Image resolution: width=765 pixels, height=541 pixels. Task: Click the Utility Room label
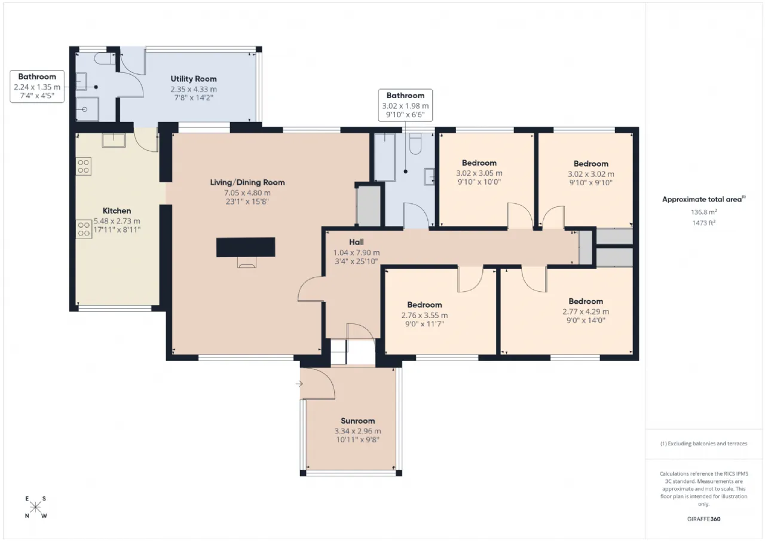(193, 79)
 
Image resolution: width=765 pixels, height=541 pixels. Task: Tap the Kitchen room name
(117, 211)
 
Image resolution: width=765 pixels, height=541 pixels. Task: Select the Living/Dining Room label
(247, 182)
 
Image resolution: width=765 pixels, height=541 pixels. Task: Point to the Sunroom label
(357, 421)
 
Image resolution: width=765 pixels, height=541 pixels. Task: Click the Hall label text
(356, 242)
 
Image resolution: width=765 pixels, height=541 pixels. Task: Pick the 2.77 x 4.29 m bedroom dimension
(586, 311)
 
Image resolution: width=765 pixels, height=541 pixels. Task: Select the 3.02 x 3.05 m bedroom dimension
(479, 173)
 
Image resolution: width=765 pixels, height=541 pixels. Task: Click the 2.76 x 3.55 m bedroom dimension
(424, 315)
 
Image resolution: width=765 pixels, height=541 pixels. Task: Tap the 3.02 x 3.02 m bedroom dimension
(591, 174)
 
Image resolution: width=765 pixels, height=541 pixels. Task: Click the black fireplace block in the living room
(246, 247)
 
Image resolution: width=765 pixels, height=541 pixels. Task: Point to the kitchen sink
(114, 140)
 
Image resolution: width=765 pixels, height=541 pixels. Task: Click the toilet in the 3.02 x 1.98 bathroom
(415, 143)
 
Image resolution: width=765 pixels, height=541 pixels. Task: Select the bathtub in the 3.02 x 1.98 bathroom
(385, 157)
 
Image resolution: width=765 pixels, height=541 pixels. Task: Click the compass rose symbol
(35, 507)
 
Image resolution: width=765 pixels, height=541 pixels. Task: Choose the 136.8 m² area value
(703, 212)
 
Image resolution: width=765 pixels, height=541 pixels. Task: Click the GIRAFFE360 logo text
(703, 519)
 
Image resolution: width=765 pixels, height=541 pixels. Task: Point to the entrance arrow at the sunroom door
(299, 384)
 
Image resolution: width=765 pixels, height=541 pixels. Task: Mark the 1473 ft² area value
(703, 223)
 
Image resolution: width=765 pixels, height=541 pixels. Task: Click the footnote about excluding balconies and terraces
(703, 444)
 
